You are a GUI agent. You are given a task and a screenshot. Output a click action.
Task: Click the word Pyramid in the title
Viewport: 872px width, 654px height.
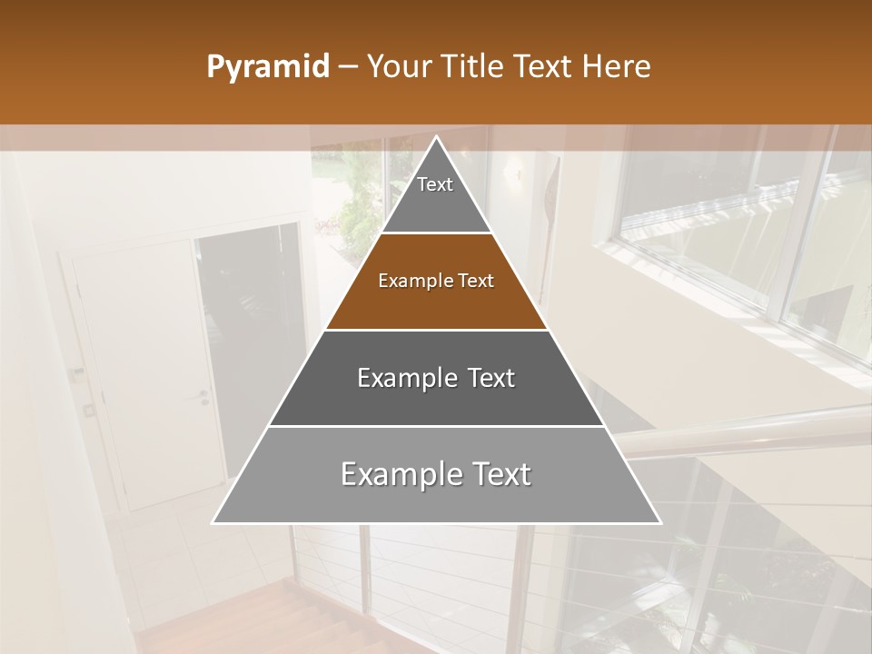pos(267,67)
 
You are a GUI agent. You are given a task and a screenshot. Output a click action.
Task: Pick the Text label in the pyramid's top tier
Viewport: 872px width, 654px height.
pos(435,184)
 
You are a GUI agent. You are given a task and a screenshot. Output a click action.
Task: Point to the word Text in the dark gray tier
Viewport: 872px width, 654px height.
pos(488,378)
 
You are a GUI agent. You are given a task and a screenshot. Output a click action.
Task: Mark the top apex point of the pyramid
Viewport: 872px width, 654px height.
pos(436,137)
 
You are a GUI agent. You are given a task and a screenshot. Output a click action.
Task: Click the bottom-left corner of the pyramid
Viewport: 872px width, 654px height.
pos(213,522)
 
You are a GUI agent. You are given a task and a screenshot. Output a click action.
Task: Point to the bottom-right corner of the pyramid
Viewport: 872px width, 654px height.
pos(659,522)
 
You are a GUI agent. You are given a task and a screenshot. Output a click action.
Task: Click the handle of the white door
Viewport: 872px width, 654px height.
pos(204,397)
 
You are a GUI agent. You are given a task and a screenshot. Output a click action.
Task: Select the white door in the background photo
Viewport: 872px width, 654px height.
pos(145,372)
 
